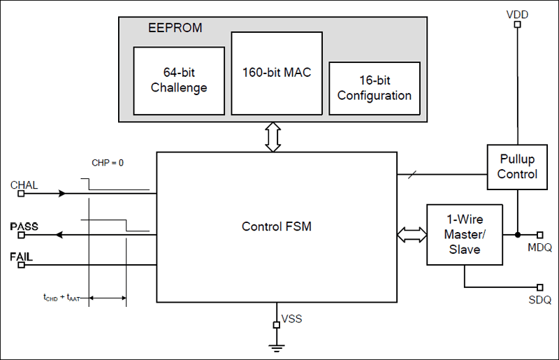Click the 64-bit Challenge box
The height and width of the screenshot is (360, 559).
coord(179,80)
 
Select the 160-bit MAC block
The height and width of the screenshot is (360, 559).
coord(277,72)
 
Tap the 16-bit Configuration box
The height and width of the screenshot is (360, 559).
coord(375,88)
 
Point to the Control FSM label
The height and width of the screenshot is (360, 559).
coord(277,226)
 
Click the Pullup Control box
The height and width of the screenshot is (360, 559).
coord(517,166)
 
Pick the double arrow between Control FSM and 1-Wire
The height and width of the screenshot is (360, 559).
coord(412,235)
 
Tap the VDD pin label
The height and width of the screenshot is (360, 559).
coord(518,13)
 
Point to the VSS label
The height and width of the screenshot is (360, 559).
coord(291,319)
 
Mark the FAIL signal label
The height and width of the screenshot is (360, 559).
coord(21,257)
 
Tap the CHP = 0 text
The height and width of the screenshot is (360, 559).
coord(108,163)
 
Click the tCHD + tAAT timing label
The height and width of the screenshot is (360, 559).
coord(64,298)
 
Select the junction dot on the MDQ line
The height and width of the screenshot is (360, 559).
coord(518,235)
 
